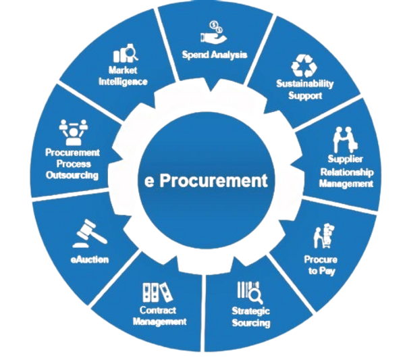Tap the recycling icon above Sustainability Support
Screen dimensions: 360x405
pos(301,66)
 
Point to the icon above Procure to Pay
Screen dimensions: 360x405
pos(323,236)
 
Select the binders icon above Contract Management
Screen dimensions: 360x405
pos(155,291)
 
